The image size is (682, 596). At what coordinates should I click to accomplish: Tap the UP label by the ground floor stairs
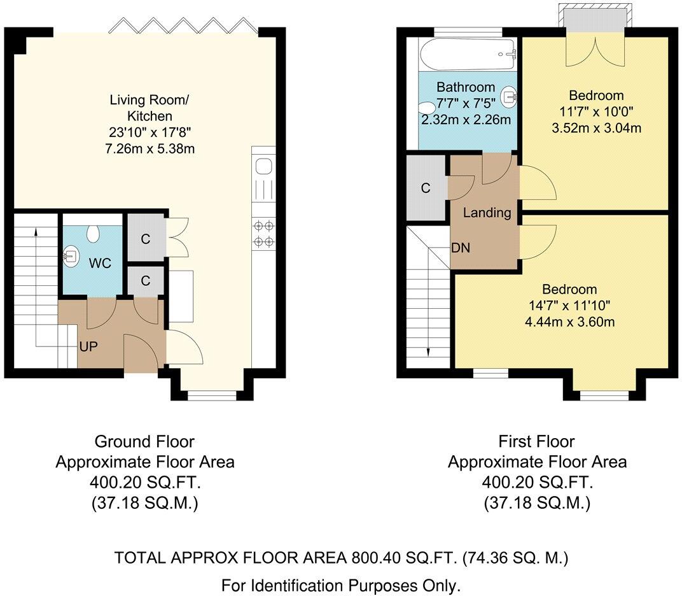click(88, 348)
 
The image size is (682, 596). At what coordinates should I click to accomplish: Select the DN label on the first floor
click(460, 248)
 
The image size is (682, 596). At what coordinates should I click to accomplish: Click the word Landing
click(487, 213)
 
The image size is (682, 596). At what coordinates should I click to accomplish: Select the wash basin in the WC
click(71, 257)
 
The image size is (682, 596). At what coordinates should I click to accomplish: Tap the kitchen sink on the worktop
click(263, 167)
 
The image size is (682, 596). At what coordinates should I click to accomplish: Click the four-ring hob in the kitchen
click(264, 232)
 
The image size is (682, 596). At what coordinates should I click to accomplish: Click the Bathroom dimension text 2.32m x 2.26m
click(466, 119)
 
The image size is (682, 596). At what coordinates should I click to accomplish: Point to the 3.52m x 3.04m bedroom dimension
click(596, 127)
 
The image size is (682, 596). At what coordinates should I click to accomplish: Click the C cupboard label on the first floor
click(426, 188)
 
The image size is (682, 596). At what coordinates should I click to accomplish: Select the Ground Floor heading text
click(144, 441)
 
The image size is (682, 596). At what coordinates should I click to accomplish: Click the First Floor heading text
click(537, 441)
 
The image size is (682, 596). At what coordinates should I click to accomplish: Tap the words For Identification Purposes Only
click(340, 585)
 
